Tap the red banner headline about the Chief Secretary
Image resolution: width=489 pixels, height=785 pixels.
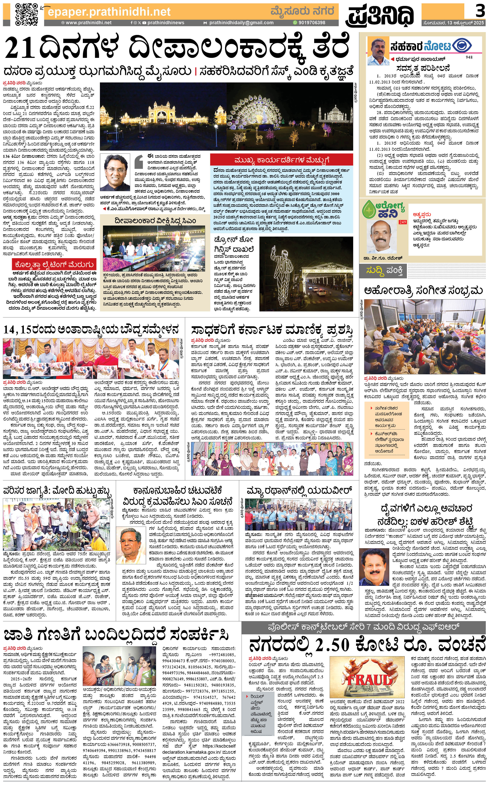[281, 160]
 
